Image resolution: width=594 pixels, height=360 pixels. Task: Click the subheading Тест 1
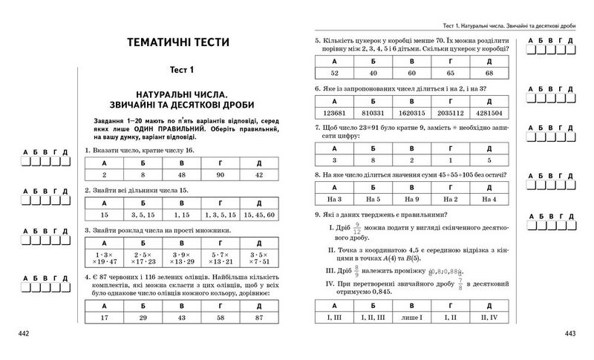(178, 70)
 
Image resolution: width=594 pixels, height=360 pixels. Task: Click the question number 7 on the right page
(318, 127)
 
